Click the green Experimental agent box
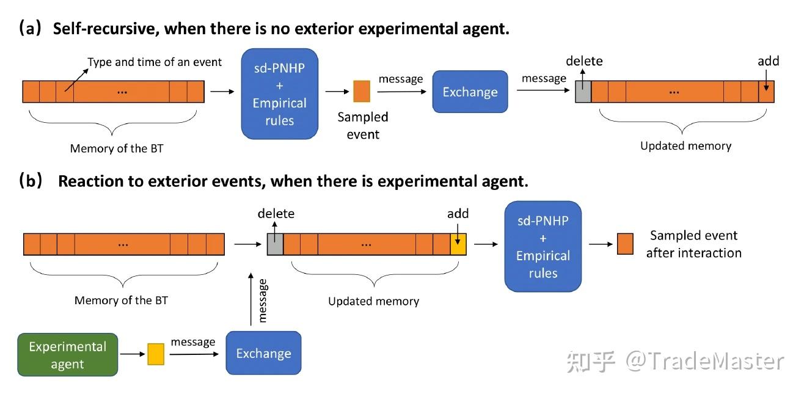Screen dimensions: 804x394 pos(67,354)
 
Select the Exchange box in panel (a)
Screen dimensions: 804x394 pos(470,92)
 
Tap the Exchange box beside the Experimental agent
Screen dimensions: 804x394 pos(263,353)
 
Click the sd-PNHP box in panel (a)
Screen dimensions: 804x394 pos(280,93)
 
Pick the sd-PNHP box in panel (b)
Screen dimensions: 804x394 pos(543,246)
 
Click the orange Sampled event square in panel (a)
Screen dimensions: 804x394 pos(362,91)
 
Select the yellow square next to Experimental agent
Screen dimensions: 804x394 pos(156,354)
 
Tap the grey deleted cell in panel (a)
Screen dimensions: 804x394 pos(583,92)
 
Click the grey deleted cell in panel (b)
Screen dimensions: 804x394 pos(276,244)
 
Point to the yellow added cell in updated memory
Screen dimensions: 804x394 pos(458,244)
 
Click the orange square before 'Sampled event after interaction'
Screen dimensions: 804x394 pos(625,244)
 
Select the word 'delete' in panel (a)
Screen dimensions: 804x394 pos(584,61)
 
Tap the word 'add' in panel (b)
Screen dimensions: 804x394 pos(458,214)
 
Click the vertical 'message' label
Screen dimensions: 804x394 pos(263,301)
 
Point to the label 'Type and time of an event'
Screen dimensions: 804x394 pos(155,62)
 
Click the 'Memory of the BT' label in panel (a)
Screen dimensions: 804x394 pos(117,148)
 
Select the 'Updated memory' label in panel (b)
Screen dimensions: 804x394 pos(374,301)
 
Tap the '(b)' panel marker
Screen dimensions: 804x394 pos(31,180)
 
